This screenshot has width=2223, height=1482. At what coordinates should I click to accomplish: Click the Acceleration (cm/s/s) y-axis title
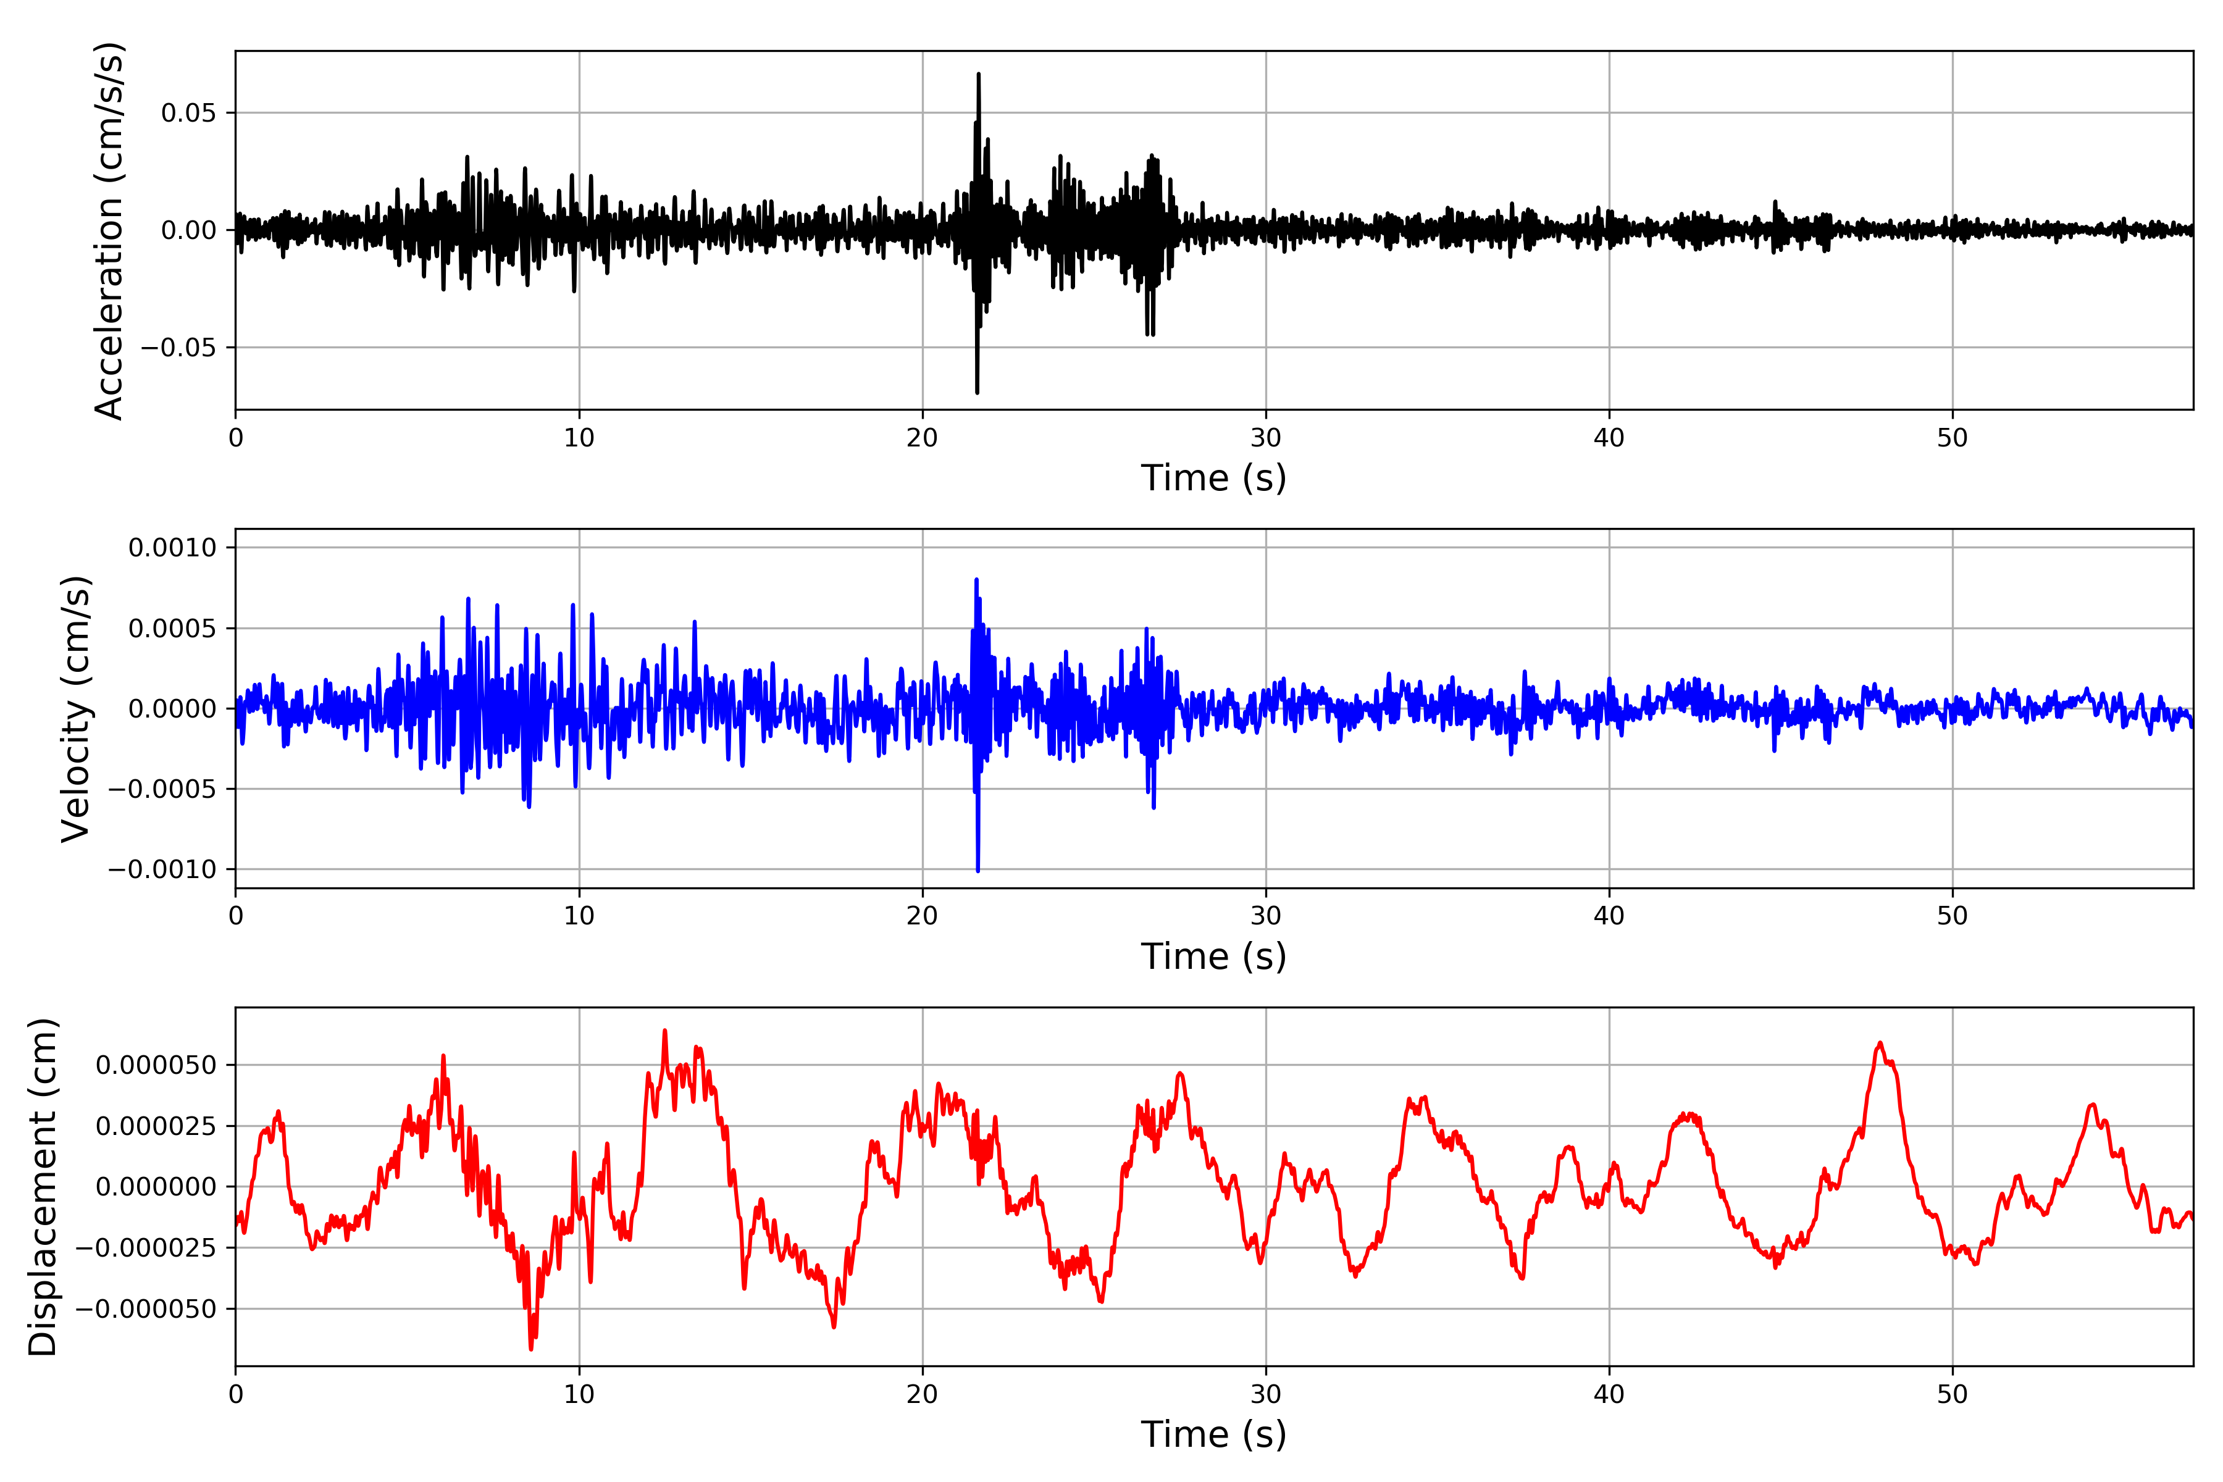coord(110,230)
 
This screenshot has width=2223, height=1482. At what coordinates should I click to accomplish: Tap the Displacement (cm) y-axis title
coord(43,1186)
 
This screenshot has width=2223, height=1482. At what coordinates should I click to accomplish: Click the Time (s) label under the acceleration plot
coord(1213,478)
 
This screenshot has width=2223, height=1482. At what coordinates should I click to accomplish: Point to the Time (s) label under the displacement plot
coord(1213,1434)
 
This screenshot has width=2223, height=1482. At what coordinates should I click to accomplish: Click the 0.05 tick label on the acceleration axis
coord(188,114)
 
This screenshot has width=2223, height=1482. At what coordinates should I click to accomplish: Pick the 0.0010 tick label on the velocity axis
coord(172,548)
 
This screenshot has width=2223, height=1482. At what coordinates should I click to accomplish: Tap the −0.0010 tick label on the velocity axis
coord(162,869)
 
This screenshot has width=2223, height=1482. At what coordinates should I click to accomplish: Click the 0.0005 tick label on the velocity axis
coord(172,629)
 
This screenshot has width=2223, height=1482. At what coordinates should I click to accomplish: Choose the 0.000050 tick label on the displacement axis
coord(156,1065)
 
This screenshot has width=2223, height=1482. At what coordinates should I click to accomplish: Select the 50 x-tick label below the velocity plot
coord(1953,916)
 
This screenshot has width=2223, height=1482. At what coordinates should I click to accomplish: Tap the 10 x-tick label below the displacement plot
coord(579,1394)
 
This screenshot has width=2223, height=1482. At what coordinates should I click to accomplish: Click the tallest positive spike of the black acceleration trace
coord(978,75)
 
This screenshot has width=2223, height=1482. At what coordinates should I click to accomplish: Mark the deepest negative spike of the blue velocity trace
coord(978,869)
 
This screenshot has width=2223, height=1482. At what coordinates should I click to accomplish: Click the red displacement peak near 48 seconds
coord(1880,1044)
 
